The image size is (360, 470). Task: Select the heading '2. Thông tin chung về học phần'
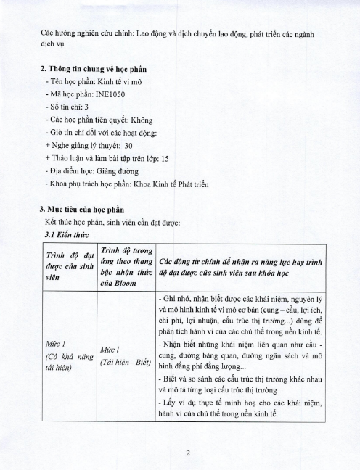[x=92, y=69]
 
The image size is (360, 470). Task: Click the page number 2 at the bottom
[x=187, y=454]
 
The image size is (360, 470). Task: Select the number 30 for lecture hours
[x=129, y=144]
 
